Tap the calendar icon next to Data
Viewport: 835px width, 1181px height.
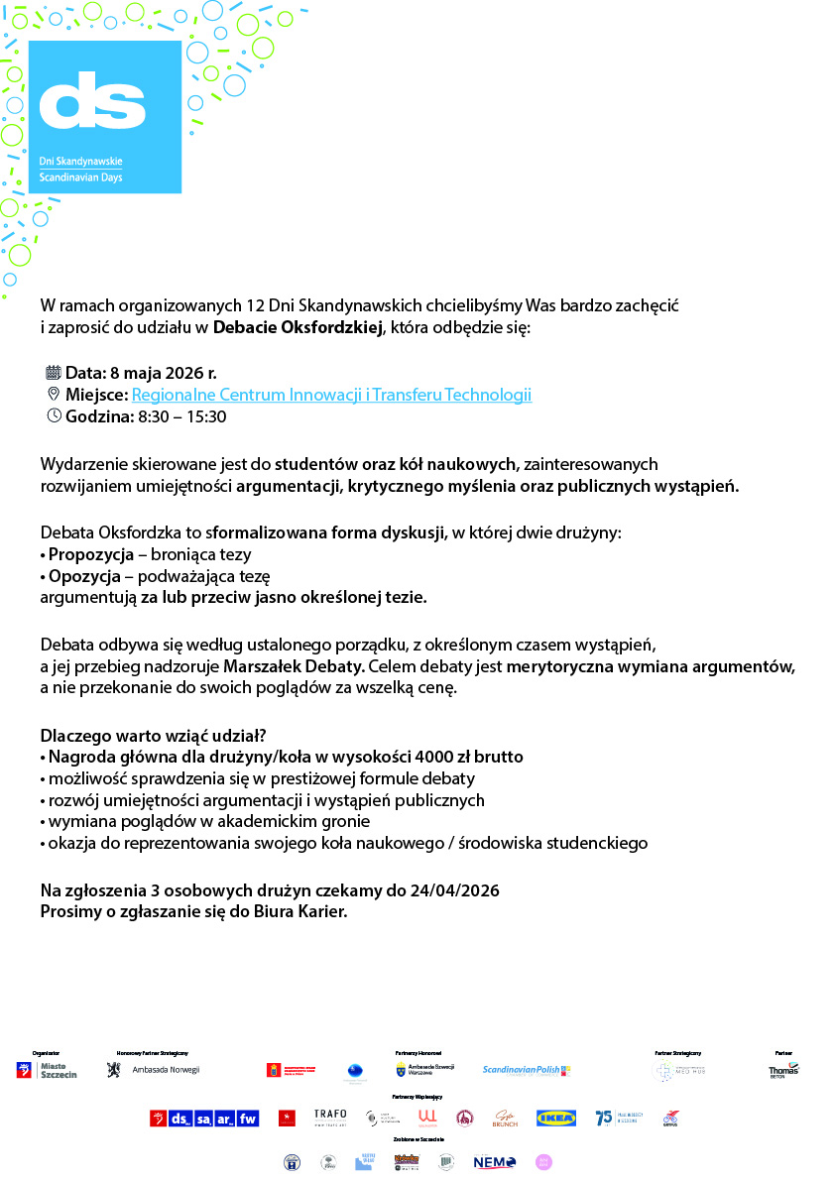(x=54, y=373)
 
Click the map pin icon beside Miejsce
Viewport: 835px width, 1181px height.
(x=54, y=395)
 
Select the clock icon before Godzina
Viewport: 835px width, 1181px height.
(x=54, y=415)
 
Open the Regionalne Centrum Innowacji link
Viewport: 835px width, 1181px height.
(x=331, y=395)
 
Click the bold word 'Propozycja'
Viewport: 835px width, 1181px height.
(x=90, y=554)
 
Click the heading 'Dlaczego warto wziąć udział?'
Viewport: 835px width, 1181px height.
(x=153, y=735)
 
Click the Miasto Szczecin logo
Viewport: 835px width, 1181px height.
(x=47, y=1071)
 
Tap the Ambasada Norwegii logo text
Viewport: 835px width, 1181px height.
(x=165, y=1071)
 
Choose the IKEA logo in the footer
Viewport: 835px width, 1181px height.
(x=555, y=1119)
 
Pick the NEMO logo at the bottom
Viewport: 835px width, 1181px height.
(x=494, y=1162)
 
